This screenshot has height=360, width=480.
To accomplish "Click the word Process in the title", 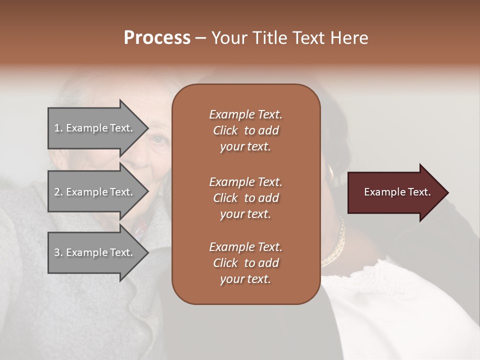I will (x=157, y=38).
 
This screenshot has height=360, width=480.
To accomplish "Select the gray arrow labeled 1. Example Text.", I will (x=95, y=128).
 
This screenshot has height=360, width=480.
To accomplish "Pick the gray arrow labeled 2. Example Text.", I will (x=95, y=192).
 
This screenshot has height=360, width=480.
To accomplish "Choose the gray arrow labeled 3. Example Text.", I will (x=95, y=252).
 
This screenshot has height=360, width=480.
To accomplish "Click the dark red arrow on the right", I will (x=395, y=192).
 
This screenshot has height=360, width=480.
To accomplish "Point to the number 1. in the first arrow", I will (x=58, y=128).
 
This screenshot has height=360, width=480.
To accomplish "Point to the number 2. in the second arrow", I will (x=58, y=192).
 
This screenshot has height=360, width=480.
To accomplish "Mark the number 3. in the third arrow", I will (x=58, y=252).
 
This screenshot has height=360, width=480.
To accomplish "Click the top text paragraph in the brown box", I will (x=245, y=130).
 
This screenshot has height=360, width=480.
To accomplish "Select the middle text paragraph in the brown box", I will (x=245, y=198).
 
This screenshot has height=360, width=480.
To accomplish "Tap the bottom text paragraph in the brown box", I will (x=245, y=263).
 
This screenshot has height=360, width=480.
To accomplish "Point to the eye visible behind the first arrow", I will (x=159, y=139).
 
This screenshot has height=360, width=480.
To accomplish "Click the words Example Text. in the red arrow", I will (x=397, y=192).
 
